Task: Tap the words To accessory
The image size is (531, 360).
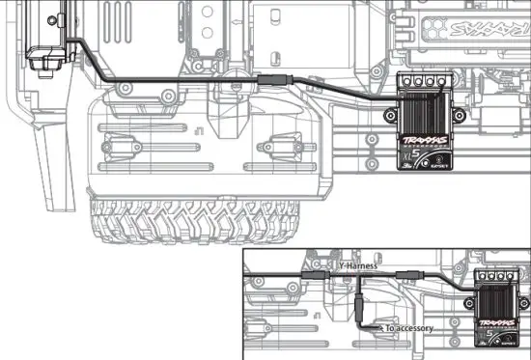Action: tap(408, 329)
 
